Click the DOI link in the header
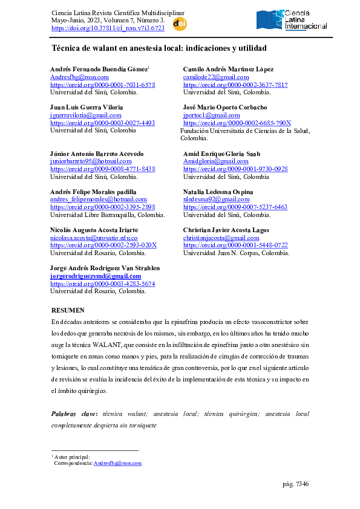pyautogui.click(x=108, y=28)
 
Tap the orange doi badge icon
pyautogui.click(x=180, y=24)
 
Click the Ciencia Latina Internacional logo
pyautogui.click(x=292, y=20)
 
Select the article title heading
pyautogui.click(x=159, y=48)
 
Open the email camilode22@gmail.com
pyautogui.click(x=215, y=78)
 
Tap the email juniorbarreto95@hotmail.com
pyautogui.click(x=90, y=161)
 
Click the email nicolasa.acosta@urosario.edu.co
pyautogui.click(x=93, y=238)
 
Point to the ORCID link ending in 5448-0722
pyautogui.click(x=235, y=245)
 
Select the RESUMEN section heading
pyautogui.click(x=68, y=310)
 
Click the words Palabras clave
pyautogui.click(x=75, y=414)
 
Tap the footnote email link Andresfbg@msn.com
pyautogui.click(x=117, y=463)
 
